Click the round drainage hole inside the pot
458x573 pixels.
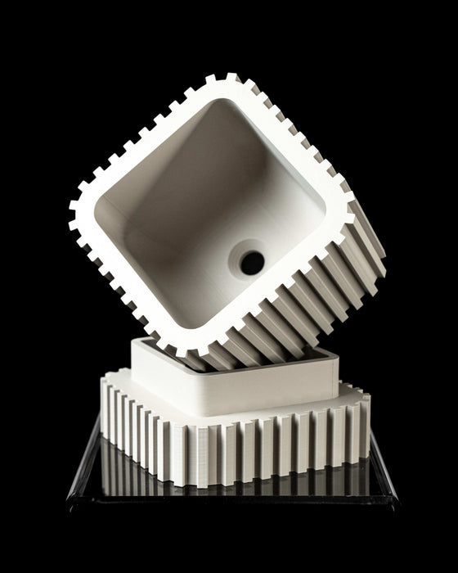pos(252,262)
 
